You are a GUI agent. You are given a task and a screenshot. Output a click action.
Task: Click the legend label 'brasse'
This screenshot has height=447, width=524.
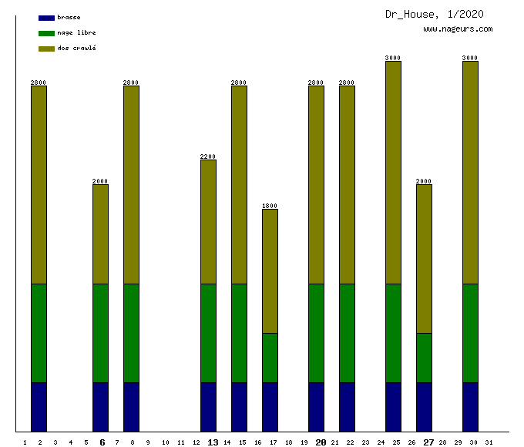pos(69,17)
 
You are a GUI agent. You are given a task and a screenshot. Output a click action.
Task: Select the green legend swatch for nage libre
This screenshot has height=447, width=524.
pos(46,33)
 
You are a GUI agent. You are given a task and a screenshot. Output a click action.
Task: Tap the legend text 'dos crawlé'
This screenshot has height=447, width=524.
pos(76,49)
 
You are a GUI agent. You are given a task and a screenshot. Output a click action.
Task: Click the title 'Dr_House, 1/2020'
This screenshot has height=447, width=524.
pos(435,14)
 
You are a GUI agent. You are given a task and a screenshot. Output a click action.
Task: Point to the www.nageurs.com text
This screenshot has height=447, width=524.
pos(458,29)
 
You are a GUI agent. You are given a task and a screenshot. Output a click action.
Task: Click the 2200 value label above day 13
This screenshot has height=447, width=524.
pos(208,156)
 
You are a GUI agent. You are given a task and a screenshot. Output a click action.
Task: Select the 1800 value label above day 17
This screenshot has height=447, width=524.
pos(270,206)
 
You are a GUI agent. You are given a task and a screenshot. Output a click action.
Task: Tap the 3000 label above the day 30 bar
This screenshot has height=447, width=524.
pos(470,58)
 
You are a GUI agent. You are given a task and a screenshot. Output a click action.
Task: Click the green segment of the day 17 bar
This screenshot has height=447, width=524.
pos(270,358)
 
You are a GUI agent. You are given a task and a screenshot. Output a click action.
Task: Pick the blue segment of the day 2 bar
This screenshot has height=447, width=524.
pos(39,407)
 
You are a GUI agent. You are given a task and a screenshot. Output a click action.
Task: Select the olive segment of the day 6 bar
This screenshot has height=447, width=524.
pos(100,234)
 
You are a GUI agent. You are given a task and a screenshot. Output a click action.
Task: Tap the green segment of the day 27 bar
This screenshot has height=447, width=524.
pos(424,358)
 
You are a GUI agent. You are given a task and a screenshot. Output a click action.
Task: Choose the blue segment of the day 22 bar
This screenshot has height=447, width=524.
pos(347,407)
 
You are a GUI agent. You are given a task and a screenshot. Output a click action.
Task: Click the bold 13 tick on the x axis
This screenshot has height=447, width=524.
pos(213,442)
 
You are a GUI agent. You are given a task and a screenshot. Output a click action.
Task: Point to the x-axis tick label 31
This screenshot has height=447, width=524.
pos(489,442)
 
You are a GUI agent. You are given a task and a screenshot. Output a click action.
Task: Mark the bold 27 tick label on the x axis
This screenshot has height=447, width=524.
pos(428,442)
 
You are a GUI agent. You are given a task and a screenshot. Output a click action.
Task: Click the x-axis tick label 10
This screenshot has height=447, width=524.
pos(165,442)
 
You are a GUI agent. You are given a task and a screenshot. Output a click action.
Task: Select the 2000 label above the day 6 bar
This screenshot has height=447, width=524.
pos(100,181)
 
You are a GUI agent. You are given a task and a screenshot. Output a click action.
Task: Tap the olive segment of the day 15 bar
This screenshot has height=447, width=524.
pos(239,185)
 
